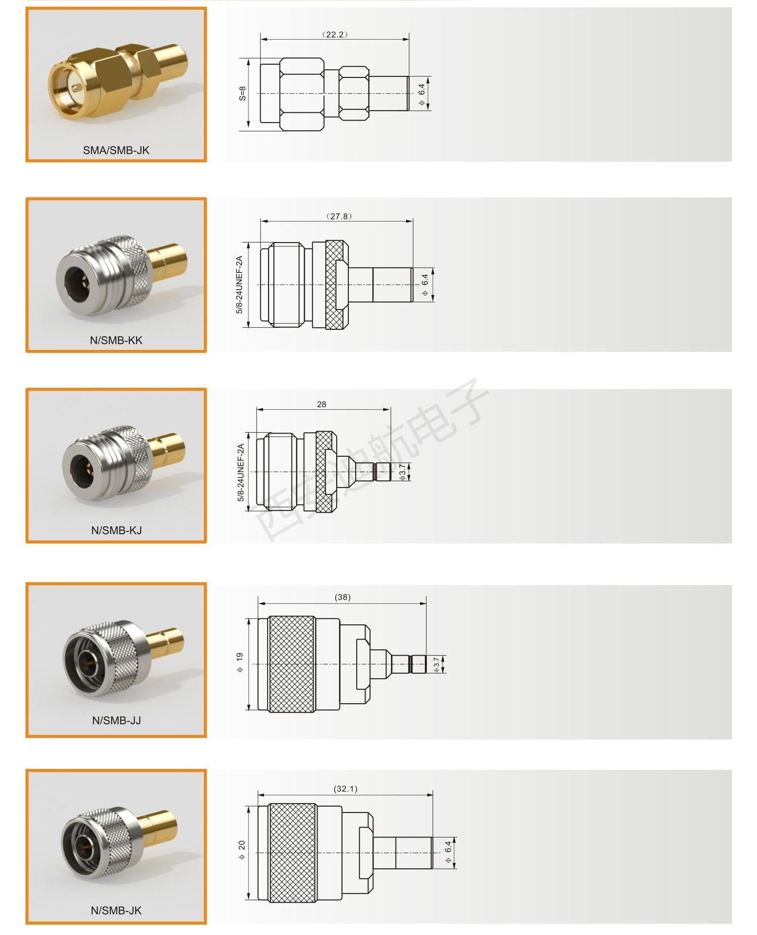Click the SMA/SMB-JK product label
116,150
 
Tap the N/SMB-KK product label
116,340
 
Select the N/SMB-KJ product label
117,530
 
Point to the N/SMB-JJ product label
117,720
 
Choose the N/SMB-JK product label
116,910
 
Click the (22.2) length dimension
335,34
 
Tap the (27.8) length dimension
339,216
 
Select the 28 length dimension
321,404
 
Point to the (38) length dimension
342,597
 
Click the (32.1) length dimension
345,789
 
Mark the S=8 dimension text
243,94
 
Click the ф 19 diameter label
240,662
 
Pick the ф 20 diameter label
242,853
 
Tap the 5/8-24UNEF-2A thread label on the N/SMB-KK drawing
240,285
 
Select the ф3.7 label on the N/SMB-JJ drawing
437,664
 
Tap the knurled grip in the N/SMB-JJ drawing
292,664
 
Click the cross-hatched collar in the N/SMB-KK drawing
337,285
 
